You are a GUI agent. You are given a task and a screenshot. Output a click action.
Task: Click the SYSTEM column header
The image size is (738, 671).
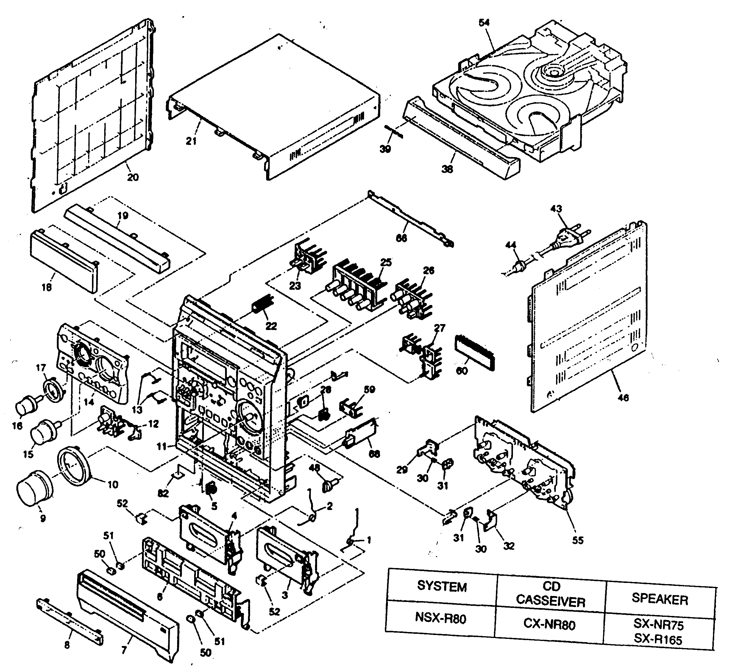coord(442,587)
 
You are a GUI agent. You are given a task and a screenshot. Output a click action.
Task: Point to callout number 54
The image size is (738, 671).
coord(484,23)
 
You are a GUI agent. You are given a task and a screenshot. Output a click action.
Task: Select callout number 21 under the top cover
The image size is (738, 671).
coord(191,141)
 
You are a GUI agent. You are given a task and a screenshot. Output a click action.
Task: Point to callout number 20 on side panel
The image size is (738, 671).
coord(133,177)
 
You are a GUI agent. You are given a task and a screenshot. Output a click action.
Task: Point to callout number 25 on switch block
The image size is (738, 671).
coord(386,263)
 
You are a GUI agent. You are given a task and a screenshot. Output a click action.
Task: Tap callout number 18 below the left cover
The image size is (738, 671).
coord(46,287)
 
